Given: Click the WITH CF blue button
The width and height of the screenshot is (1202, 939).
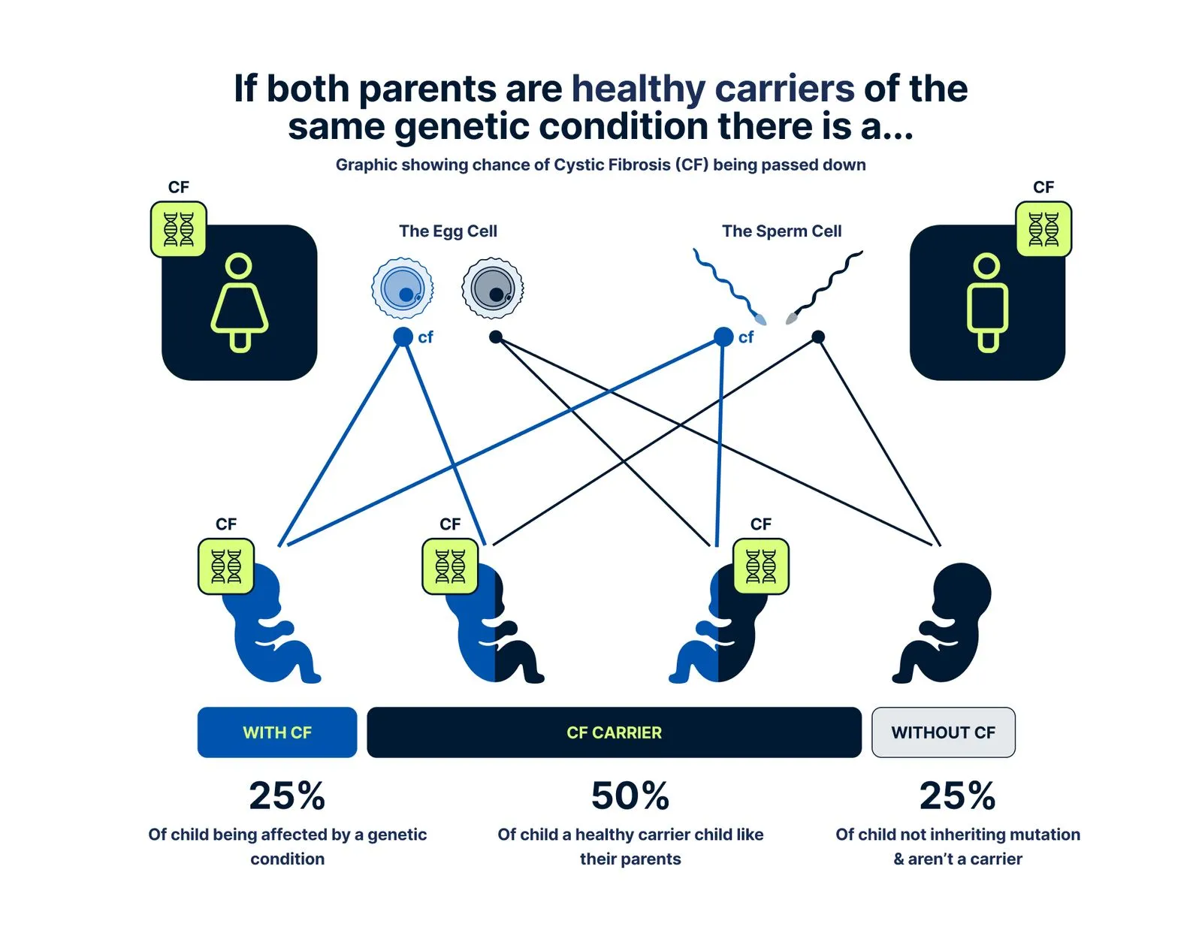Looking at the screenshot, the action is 276,732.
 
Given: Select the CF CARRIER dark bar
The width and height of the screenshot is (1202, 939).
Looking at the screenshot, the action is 614,732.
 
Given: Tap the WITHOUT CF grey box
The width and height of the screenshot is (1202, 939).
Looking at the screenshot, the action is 943,732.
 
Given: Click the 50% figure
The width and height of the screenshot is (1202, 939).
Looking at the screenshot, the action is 630,796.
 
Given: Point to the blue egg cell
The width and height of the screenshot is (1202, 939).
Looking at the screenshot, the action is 403,288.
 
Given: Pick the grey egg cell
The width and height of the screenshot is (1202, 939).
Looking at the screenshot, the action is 493,288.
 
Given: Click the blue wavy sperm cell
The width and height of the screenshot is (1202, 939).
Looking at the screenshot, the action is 728,286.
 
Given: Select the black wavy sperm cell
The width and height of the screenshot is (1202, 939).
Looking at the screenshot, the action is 826,286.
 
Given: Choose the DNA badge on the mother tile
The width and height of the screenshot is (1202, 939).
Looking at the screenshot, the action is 179,229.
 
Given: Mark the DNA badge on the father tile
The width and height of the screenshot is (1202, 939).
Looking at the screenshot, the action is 1043,229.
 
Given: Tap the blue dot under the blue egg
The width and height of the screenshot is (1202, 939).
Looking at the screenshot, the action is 403,337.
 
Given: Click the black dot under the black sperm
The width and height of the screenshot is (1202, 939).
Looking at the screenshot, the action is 818,337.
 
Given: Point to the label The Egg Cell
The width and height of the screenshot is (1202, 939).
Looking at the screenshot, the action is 448,231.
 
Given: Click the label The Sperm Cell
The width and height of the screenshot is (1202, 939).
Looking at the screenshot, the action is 781,231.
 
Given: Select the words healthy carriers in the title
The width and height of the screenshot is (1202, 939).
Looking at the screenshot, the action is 713,89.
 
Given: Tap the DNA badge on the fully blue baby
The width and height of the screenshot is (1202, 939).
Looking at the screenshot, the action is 226,566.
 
